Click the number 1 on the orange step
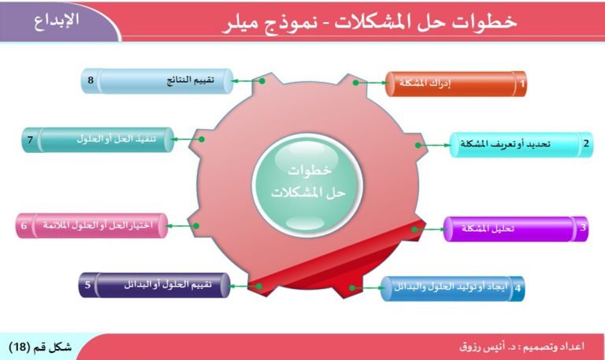tap(522, 84)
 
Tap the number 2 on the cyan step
tap(586, 143)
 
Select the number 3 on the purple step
tap(583, 228)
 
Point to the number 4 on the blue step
tap(518, 288)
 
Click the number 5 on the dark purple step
tap(87, 284)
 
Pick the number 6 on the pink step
tap(24, 225)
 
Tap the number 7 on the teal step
tap(30, 139)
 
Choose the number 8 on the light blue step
tap(91, 80)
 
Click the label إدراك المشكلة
tap(425, 83)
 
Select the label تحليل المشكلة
tap(488, 228)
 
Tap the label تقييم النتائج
tap(190, 80)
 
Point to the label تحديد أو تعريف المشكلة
tap(505, 144)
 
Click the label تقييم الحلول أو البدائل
tap(168, 284)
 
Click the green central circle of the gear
tap(307, 184)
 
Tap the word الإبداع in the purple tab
tap(57, 20)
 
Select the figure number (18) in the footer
tap(19, 347)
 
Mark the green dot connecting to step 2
tap(418, 146)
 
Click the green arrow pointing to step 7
tap(186, 139)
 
